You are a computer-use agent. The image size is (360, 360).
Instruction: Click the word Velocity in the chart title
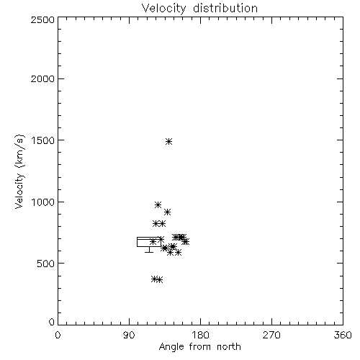pyautogui.click(x=164, y=9)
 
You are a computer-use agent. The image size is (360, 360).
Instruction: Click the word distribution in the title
pyautogui.click(x=225, y=8)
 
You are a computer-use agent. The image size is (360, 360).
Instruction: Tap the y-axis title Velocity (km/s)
pyautogui.click(x=19, y=171)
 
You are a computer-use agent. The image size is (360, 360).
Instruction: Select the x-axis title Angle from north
pyautogui.click(x=200, y=347)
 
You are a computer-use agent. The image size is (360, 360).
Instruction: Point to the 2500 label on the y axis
pyautogui.click(x=42, y=19)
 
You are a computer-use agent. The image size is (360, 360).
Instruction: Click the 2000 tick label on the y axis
pyautogui.click(x=42, y=78)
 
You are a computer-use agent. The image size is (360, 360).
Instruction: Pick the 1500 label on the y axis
pyautogui.click(x=43, y=140)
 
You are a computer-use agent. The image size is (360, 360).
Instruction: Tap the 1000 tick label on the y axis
pyautogui.click(x=43, y=202)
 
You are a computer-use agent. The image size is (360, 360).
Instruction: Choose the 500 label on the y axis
pyautogui.click(x=46, y=264)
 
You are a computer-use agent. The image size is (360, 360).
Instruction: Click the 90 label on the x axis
pyautogui.click(x=129, y=335)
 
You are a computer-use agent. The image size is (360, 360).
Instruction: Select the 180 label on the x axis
pyautogui.click(x=200, y=335)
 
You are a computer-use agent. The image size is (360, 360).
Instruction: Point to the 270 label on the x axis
pyautogui.click(x=271, y=335)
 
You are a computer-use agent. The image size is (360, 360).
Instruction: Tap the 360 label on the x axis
pyautogui.click(x=343, y=335)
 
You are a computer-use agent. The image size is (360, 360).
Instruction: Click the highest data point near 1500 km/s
pyautogui.click(x=169, y=142)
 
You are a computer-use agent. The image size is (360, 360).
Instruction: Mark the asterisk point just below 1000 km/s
pyautogui.click(x=158, y=205)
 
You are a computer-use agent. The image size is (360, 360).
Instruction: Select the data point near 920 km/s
pyautogui.click(x=168, y=212)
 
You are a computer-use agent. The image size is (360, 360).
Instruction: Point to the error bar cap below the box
pyautogui.click(x=149, y=252)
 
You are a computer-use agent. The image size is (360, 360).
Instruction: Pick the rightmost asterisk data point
pyautogui.click(x=186, y=241)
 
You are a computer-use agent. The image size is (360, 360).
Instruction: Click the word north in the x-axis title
pyautogui.click(x=229, y=347)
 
